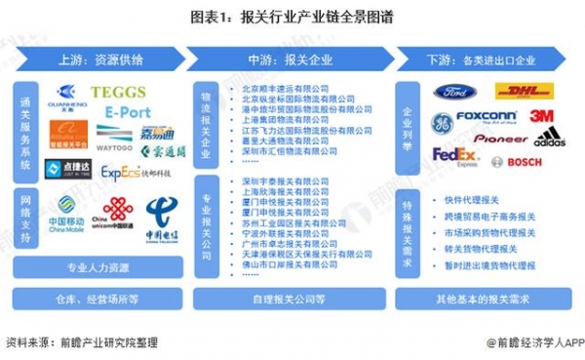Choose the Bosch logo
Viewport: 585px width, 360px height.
click(x=518, y=162)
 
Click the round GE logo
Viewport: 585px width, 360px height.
click(x=441, y=123)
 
